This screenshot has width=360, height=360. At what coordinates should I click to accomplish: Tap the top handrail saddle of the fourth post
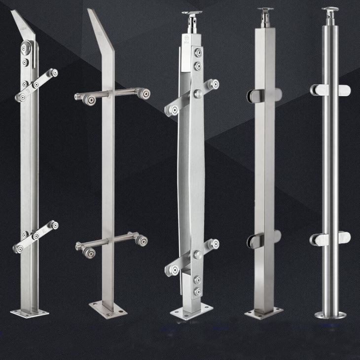tap(267, 11)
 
